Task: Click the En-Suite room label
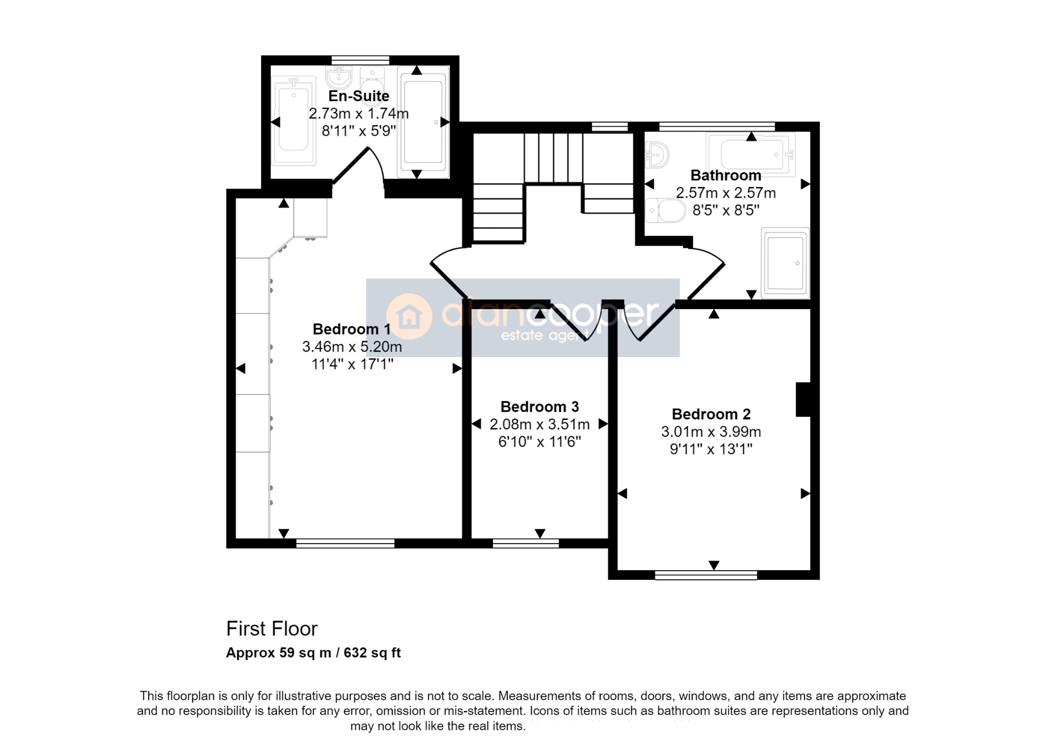(x=359, y=96)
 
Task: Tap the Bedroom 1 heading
(x=351, y=329)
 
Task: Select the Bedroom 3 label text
(x=539, y=407)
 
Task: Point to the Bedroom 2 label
(x=711, y=414)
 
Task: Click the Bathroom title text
(x=726, y=175)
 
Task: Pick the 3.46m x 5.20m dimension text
(x=352, y=347)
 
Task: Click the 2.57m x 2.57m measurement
(x=726, y=193)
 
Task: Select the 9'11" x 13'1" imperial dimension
(x=711, y=449)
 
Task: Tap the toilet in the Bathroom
(x=665, y=210)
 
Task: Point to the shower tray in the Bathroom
(x=785, y=263)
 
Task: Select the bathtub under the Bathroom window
(x=751, y=154)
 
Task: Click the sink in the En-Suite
(x=339, y=77)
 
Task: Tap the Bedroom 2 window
(x=706, y=575)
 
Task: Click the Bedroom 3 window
(x=526, y=544)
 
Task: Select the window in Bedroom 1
(x=345, y=544)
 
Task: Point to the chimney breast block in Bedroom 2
(x=803, y=399)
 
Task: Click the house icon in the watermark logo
(x=409, y=317)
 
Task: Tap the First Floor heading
(x=272, y=629)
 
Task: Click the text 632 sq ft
(x=372, y=653)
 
